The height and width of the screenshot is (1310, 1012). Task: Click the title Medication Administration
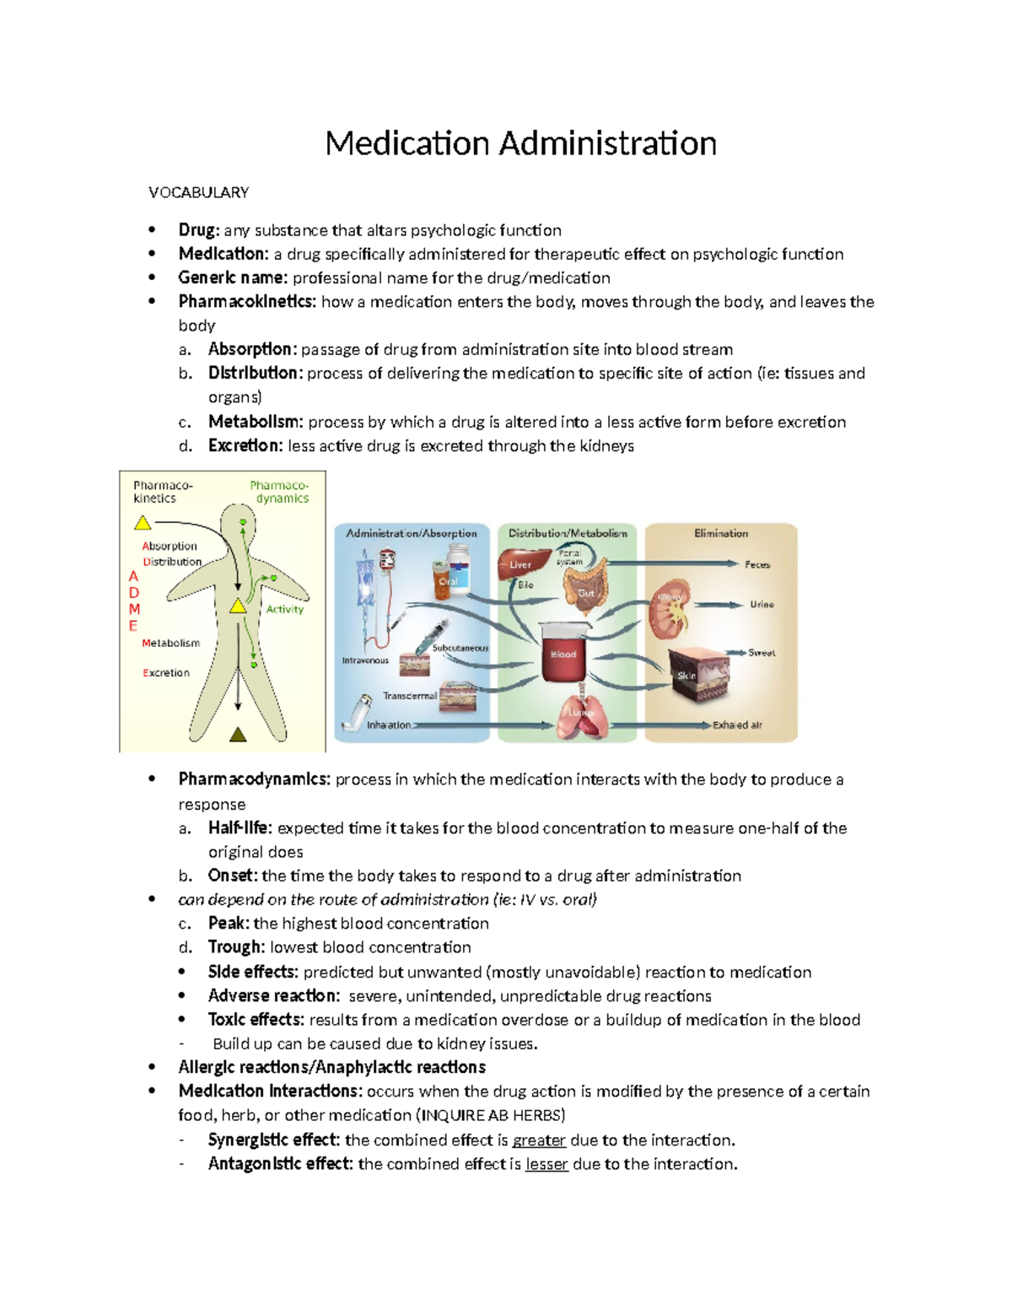pos(520,143)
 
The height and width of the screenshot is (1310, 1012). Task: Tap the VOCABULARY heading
pos(198,192)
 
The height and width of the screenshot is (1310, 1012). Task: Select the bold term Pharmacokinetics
pos(247,301)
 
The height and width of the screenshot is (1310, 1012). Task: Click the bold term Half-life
pos(240,828)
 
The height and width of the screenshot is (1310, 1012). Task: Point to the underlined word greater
pos(539,1140)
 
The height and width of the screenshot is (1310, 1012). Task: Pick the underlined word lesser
pos(546,1164)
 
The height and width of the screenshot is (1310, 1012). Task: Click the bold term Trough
pos(236,947)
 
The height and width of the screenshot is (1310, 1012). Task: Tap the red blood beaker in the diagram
pos(563,653)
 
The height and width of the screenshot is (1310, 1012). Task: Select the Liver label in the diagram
pos(520,564)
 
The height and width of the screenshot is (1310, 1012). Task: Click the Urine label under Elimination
pos(762,605)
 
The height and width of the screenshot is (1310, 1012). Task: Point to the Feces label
pos(757,564)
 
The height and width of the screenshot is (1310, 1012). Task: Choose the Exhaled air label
pos(737,725)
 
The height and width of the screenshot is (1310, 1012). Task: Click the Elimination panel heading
pos(721,533)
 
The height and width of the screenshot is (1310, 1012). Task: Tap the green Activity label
pos(284,609)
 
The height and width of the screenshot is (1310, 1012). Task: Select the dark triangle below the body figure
pos(238,734)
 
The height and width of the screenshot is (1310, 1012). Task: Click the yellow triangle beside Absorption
pos(143,523)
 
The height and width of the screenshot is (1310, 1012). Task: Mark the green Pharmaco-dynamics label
pos(280,492)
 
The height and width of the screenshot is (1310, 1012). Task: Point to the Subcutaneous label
pos(460,648)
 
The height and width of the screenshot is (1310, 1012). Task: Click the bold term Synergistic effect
pos(274,1140)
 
